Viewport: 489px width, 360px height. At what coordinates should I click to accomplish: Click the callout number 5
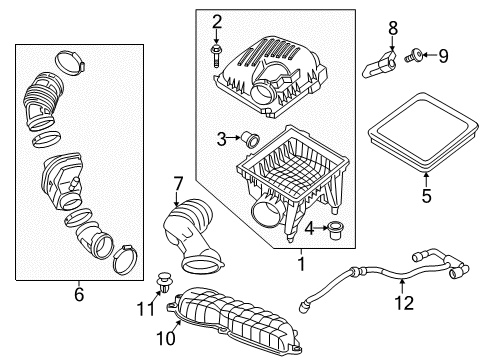[x=425, y=197]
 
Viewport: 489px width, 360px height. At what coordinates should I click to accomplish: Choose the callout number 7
[x=178, y=183]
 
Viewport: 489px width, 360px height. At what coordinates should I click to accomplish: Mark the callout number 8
[x=393, y=26]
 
